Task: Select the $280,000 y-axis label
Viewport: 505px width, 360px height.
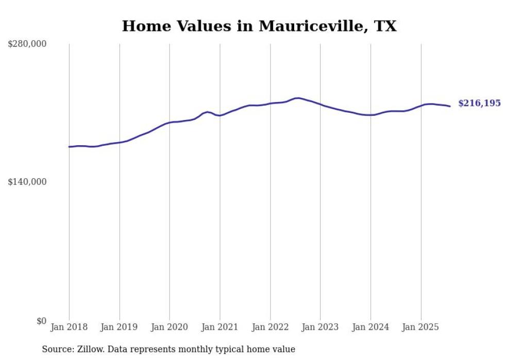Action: pyautogui.click(x=27, y=44)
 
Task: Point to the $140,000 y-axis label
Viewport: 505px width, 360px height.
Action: pyautogui.click(x=27, y=182)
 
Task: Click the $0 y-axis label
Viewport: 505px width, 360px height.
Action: pyautogui.click(x=41, y=321)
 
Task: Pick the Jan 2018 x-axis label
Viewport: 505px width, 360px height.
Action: pyautogui.click(x=69, y=327)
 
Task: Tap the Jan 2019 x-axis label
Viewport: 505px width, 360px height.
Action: pyautogui.click(x=120, y=327)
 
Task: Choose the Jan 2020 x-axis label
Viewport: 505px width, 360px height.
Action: pyautogui.click(x=170, y=327)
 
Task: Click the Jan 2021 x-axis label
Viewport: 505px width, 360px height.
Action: pyautogui.click(x=220, y=327)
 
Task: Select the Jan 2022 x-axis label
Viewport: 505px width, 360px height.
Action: pyautogui.click(x=270, y=327)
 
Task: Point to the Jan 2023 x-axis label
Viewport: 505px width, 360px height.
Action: pyautogui.click(x=321, y=327)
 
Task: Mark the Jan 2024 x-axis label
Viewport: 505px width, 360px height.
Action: pyautogui.click(x=371, y=327)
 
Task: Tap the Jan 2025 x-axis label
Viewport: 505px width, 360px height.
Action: pyautogui.click(x=421, y=327)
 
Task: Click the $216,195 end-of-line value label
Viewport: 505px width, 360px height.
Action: pyautogui.click(x=479, y=104)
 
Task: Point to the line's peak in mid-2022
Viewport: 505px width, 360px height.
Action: pyautogui.click(x=297, y=98)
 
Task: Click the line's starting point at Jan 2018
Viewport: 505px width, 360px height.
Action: pyautogui.click(x=69, y=147)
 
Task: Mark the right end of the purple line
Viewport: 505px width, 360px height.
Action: pyautogui.click(x=450, y=106)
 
